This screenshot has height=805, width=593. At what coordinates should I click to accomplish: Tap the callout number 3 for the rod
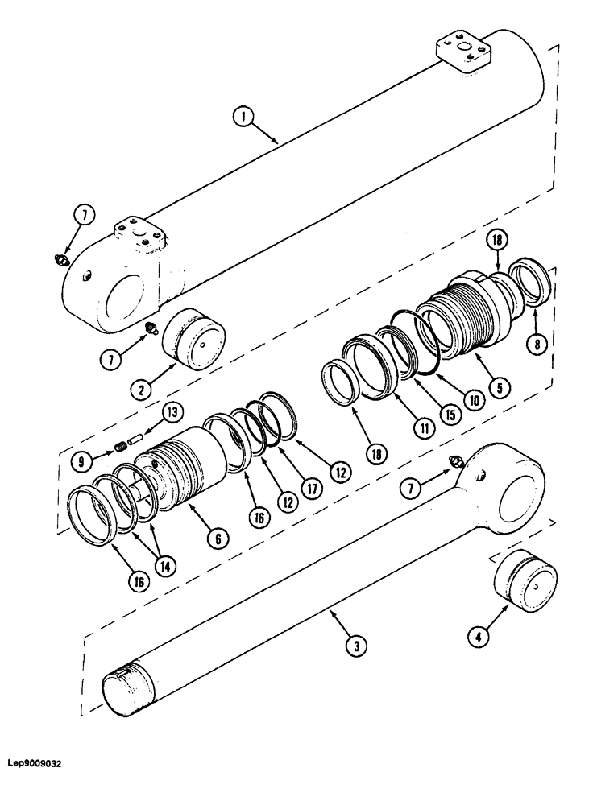coord(354,645)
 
